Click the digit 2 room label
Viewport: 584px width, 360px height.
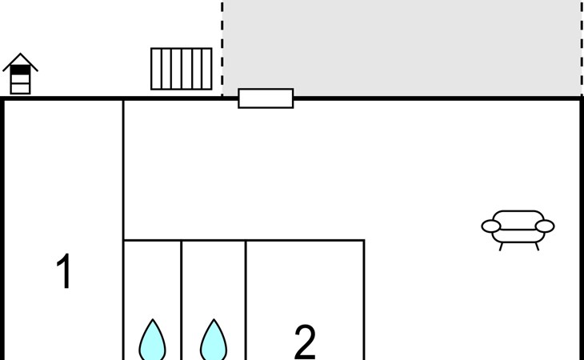(305, 342)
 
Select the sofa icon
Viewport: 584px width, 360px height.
(518, 228)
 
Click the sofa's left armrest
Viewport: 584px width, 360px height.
(490, 226)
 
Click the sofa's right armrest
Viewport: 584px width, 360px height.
(545, 226)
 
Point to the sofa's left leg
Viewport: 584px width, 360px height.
(502, 246)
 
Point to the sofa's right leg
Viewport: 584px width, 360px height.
(536, 246)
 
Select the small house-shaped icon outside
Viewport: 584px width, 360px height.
(20, 74)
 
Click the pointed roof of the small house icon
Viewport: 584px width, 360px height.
(20, 59)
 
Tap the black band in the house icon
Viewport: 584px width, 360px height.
(20, 70)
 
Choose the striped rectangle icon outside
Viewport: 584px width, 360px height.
(182, 69)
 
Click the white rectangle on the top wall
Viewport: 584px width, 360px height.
(266, 98)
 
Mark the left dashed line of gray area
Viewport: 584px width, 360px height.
(222, 48)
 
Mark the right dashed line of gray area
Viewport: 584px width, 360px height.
(581, 48)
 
